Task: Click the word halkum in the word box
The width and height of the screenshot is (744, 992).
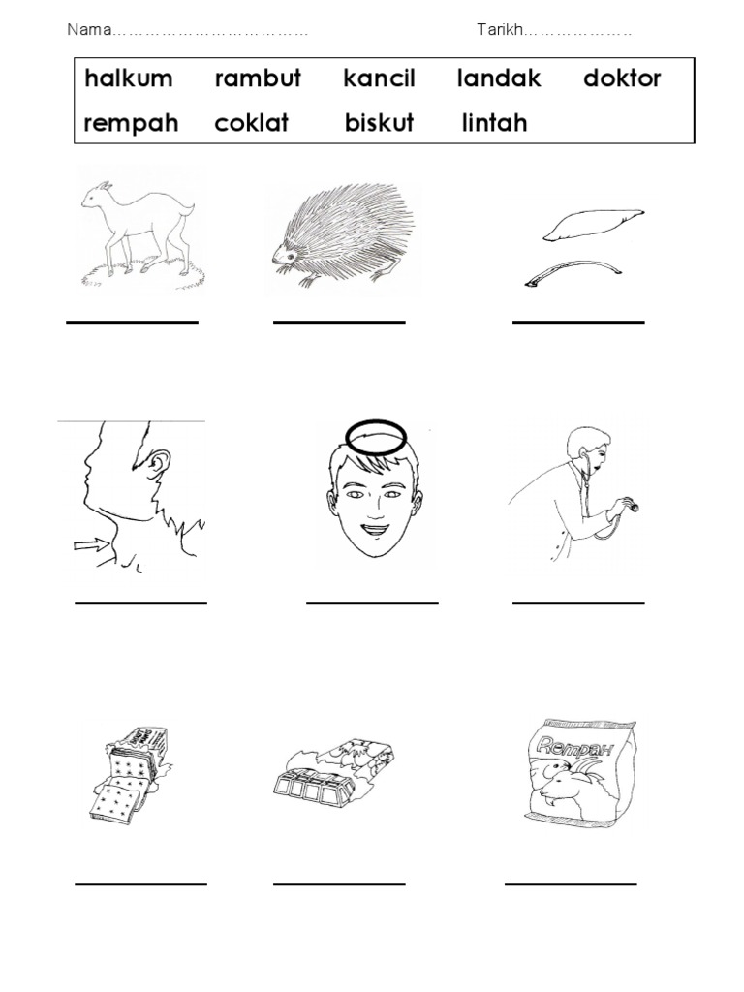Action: click(130, 78)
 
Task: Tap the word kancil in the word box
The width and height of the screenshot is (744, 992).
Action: click(380, 78)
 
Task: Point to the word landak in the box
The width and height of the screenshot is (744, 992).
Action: click(499, 78)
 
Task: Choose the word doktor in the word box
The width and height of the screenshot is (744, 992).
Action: click(622, 78)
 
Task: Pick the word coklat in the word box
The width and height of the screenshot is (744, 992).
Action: click(252, 124)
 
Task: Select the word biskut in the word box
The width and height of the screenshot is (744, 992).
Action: click(380, 124)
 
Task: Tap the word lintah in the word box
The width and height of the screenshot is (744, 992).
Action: click(495, 124)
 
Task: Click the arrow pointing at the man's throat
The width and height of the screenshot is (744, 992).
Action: click(94, 547)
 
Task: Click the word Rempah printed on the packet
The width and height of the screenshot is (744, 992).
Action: click(572, 745)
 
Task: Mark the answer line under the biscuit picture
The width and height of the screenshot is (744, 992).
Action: click(140, 883)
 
